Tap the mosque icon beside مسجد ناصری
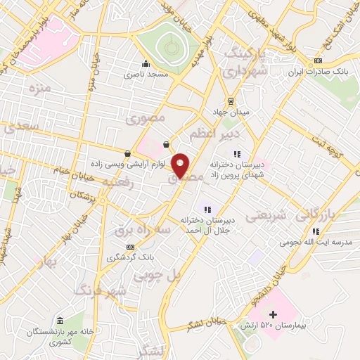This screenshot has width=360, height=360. [x=146, y=64]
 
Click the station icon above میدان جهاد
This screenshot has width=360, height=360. [x=230, y=101]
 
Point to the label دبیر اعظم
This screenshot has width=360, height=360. [x=215, y=132]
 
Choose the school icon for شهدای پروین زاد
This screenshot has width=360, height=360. [x=237, y=153]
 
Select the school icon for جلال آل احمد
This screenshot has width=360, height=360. [x=207, y=207]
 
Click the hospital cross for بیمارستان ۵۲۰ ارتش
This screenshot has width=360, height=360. [x=274, y=314]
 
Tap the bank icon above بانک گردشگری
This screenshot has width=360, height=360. [x=130, y=247]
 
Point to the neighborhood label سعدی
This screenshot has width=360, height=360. [x=20, y=127]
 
